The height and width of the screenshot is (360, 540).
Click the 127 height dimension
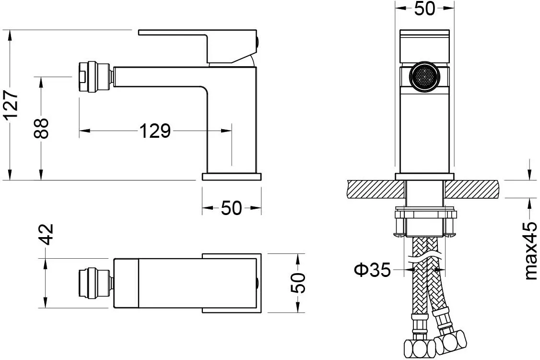pos(13,104)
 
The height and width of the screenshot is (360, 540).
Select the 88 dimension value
pos(42,128)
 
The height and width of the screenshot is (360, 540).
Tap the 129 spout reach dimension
pos(155,131)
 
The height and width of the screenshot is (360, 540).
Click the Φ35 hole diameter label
pos(373,270)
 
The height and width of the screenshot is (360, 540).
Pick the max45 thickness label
pos(530,251)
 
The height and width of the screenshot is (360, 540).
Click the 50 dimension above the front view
pos(424,9)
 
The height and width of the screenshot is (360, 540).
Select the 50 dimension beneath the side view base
pos(232,207)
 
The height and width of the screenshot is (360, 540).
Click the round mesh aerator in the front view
pos(424,76)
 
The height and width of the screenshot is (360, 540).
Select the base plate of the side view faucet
pos(232,177)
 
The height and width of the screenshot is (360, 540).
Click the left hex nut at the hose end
pos(416,348)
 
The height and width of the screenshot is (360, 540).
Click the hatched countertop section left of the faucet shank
pos(376,189)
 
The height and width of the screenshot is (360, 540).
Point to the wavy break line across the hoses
pos(424,258)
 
